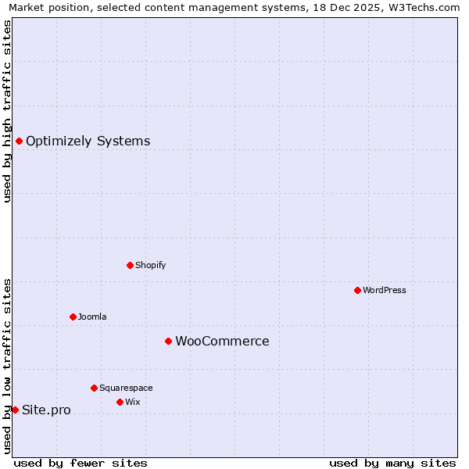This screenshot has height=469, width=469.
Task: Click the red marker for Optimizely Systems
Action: point(19,141)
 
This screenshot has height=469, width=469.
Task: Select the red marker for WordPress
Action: point(357,290)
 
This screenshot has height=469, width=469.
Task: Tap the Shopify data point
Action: point(130,265)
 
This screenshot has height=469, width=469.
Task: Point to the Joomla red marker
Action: point(73,317)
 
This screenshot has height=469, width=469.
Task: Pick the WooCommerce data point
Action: point(168,341)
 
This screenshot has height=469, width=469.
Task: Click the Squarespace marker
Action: point(94,388)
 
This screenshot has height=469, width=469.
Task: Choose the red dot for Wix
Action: point(120,402)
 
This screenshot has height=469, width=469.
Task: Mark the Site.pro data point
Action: point(15,410)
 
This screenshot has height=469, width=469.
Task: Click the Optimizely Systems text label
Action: point(88,141)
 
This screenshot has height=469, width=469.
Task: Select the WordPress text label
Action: point(384,290)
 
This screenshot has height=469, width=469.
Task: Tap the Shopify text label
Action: point(150,265)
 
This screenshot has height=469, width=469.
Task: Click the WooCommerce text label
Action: point(222,342)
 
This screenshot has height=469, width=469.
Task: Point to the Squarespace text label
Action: point(126,388)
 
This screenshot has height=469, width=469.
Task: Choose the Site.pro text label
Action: point(46,410)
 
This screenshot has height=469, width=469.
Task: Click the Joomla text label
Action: point(92,317)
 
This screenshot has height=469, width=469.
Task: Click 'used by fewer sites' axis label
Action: point(81,463)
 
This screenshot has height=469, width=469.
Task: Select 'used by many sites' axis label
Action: point(392,463)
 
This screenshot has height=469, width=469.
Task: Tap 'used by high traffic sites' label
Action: point(7,111)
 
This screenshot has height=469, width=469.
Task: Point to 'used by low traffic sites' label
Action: point(7,365)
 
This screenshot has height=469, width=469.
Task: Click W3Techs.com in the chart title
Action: point(426,7)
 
